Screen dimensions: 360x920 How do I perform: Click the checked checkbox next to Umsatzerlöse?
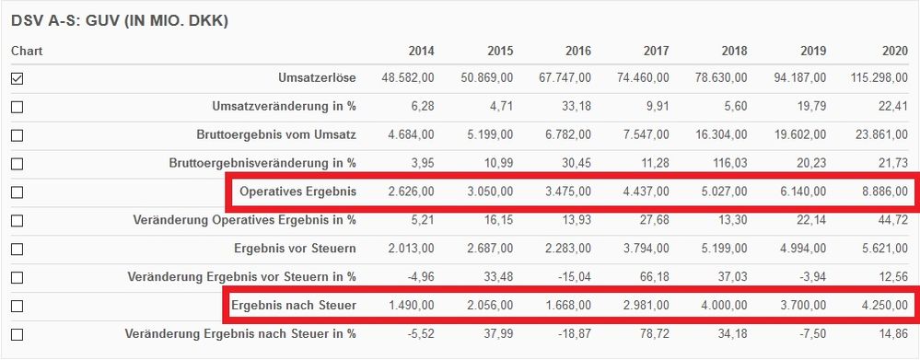coord(17,79)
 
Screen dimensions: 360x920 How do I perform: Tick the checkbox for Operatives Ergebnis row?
coord(17,192)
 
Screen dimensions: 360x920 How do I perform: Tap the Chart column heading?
coord(27,51)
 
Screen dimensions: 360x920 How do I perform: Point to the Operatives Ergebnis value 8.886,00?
coord(881,192)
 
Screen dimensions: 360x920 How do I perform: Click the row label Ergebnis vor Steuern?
coord(295,248)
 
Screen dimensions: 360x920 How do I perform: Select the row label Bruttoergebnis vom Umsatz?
coord(276,135)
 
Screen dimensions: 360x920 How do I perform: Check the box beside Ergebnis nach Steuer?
coord(17,306)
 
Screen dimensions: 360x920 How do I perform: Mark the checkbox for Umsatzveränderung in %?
coord(17,108)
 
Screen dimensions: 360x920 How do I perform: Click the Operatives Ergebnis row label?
coord(297,192)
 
